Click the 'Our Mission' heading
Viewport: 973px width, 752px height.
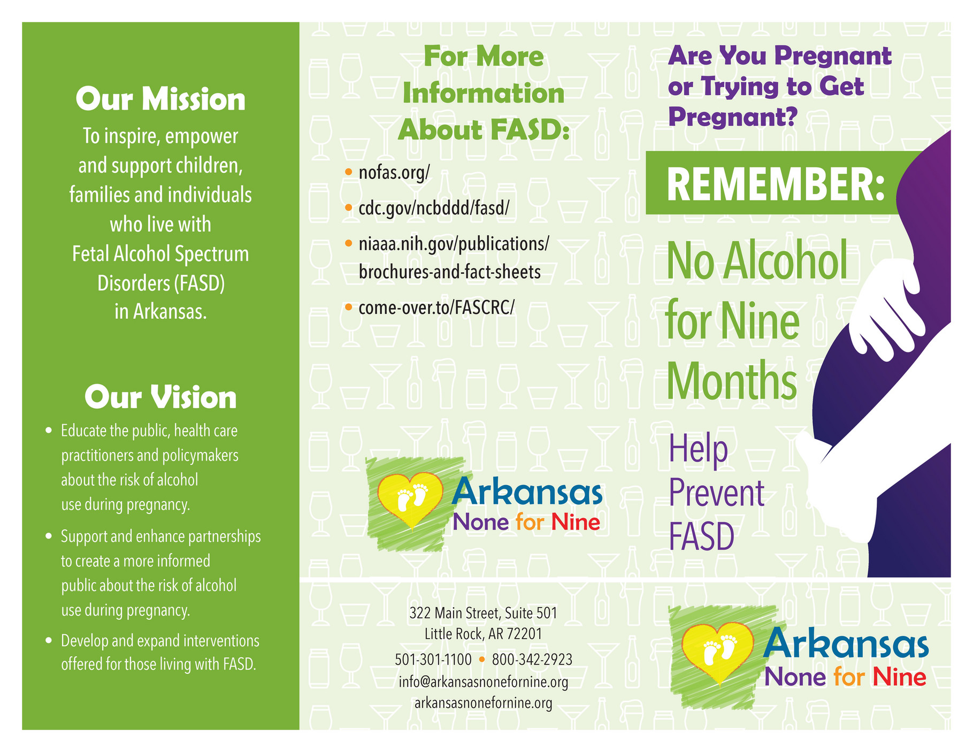click(x=160, y=100)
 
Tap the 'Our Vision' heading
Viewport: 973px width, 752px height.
click(x=160, y=398)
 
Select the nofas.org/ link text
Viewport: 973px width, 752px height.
click(x=394, y=173)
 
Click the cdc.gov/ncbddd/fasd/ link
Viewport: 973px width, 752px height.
click(x=434, y=208)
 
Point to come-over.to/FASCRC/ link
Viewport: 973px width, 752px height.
click(x=436, y=308)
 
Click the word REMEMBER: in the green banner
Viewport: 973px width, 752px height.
click(x=775, y=184)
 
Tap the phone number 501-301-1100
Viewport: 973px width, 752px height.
click(x=433, y=659)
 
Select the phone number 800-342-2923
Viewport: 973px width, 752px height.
click(x=532, y=659)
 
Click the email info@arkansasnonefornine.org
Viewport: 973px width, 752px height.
click(x=483, y=682)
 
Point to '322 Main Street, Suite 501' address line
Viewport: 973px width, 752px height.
click(x=483, y=613)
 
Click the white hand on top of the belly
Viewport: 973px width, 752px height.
click(x=888, y=305)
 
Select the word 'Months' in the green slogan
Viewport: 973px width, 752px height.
click(x=732, y=381)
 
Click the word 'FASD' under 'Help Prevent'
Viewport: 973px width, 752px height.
click(x=701, y=537)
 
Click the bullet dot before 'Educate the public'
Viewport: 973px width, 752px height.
click(x=49, y=431)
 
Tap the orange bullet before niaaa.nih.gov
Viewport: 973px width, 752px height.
click(x=348, y=244)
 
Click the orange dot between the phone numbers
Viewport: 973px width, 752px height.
click(x=481, y=659)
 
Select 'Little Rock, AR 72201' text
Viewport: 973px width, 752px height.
click(x=483, y=634)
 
